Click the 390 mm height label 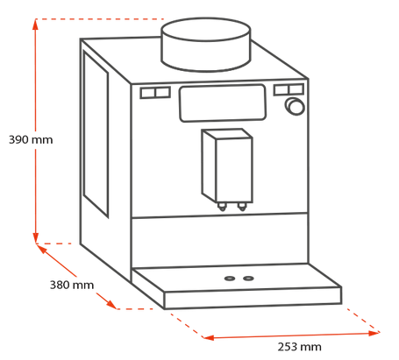point(31,140)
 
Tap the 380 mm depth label point(72,285)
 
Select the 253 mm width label point(299,347)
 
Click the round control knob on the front point(295,106)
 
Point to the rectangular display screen point(223,103)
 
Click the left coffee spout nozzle point(222,207)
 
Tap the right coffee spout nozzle point(242,207)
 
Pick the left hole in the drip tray point(230,279)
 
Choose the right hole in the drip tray point(248,278)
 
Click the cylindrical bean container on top point(206,45)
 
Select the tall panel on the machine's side point(96,133)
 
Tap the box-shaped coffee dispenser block point(227,166)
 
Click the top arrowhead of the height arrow point(35,25)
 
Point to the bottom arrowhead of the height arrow point(35,237)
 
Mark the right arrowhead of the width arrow point(374,333)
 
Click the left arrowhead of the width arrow point(209,337)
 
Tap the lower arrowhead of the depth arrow point(111,304)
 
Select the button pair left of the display point(155,93)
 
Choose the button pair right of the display point(289,89)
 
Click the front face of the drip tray point(253,298)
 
